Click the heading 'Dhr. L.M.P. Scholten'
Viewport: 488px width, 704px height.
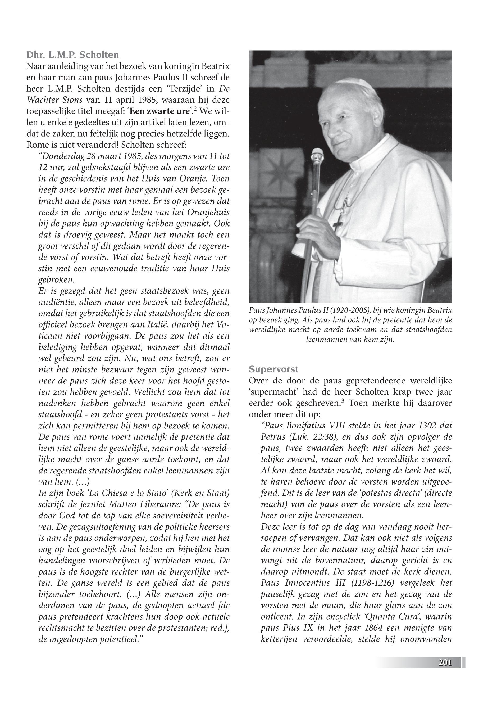tap(73, 55)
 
